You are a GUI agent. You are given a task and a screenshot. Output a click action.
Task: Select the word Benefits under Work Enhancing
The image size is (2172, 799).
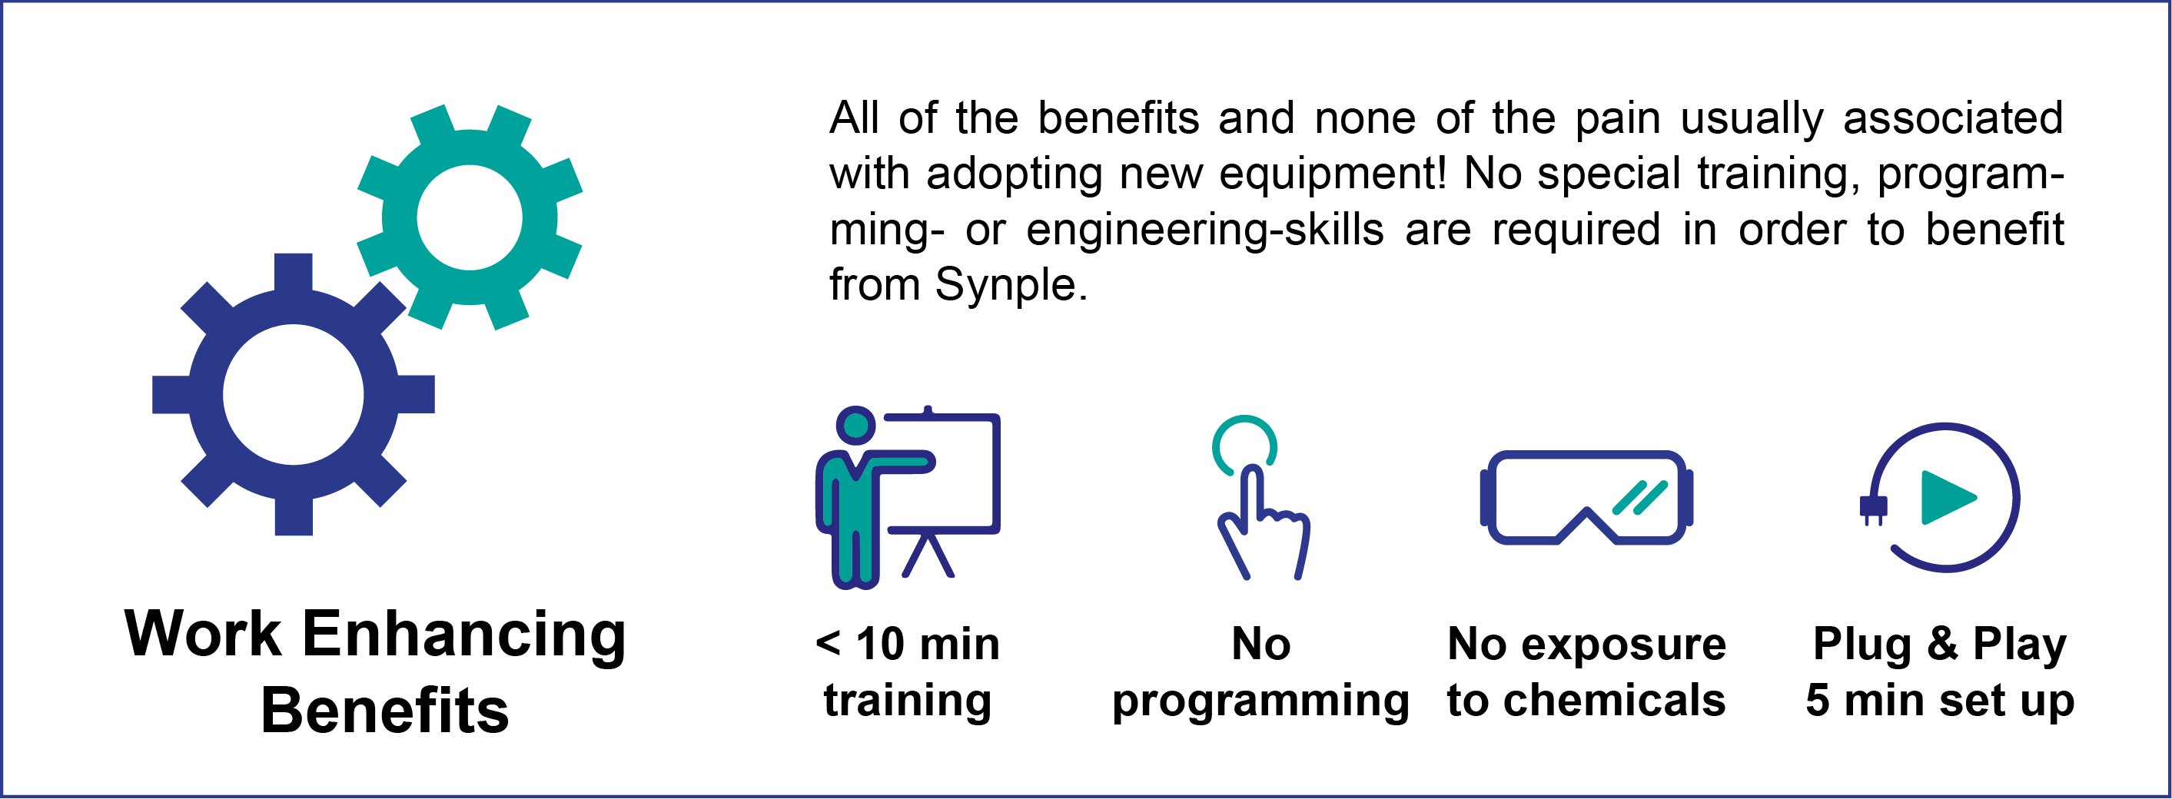pos(384,711)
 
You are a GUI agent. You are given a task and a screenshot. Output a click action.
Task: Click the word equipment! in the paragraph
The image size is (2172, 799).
pos(1332,174)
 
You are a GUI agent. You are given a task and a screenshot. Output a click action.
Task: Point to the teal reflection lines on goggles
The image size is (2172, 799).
pos(1639,497)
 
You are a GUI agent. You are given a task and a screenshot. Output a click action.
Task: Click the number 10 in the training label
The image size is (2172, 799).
pos(881,645)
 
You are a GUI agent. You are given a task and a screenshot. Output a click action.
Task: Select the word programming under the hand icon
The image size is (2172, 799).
pos(1260,702)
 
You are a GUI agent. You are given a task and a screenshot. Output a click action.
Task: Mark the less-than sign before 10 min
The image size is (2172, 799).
pos(828,644)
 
